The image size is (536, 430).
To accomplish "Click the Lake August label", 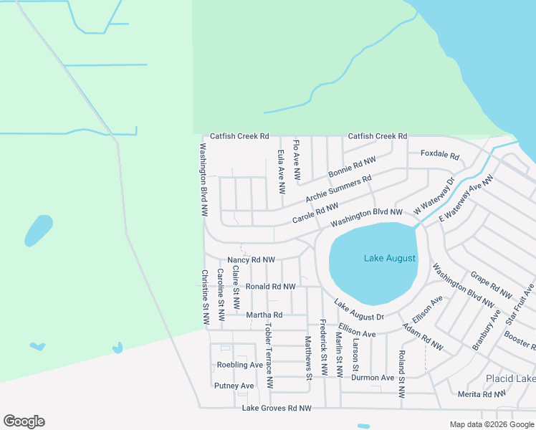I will click(389, 258).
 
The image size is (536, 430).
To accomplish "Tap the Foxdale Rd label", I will click(439, 154).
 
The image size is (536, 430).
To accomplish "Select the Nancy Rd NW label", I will click(251, 260).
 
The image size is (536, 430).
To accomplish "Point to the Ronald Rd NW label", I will click(270, 287).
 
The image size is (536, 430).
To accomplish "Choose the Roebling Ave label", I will click(240, 365).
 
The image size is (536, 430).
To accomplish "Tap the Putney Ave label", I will click(234, 386).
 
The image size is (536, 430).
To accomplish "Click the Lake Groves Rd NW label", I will click(277, 408).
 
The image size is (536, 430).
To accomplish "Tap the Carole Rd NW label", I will click(315, 216).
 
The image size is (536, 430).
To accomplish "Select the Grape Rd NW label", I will click(491, 285).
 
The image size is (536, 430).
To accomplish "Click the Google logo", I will click(24, 421).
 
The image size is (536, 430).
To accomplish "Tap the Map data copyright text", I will click(491, 424).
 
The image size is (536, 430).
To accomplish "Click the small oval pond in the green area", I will click(39, 230).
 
